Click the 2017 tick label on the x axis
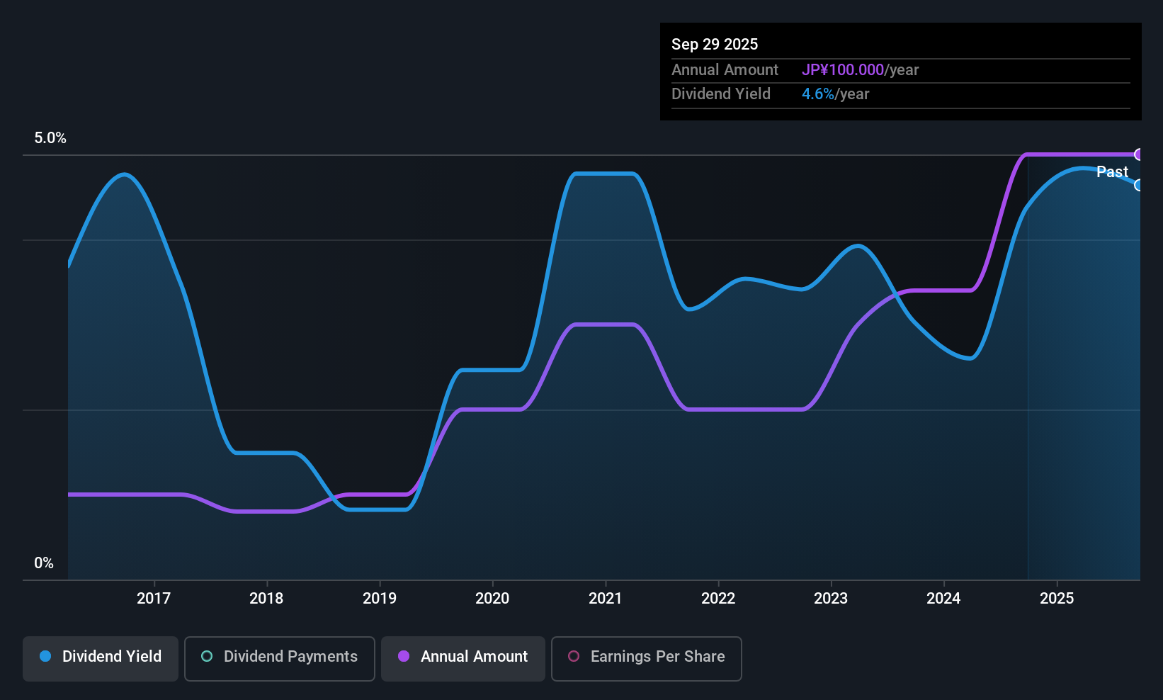pos(154,598)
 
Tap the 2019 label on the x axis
pos(380,598)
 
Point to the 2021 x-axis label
pos(605,598)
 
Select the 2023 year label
pos(831,598)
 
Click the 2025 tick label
pos(1056,598)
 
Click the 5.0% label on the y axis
pos(50,138)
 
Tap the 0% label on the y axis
pos(44,563)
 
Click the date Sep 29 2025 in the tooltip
pos(715,44)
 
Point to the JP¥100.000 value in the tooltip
pos(843,69)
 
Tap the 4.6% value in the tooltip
pos(818,94)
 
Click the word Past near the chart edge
pos(1112,171)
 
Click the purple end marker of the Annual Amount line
pos(1139,154)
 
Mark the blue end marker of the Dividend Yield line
pos(1139,185)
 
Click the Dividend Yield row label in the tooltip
pos(721,94)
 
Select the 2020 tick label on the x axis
pos(492,598)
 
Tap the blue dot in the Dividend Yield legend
pos(45,656)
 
